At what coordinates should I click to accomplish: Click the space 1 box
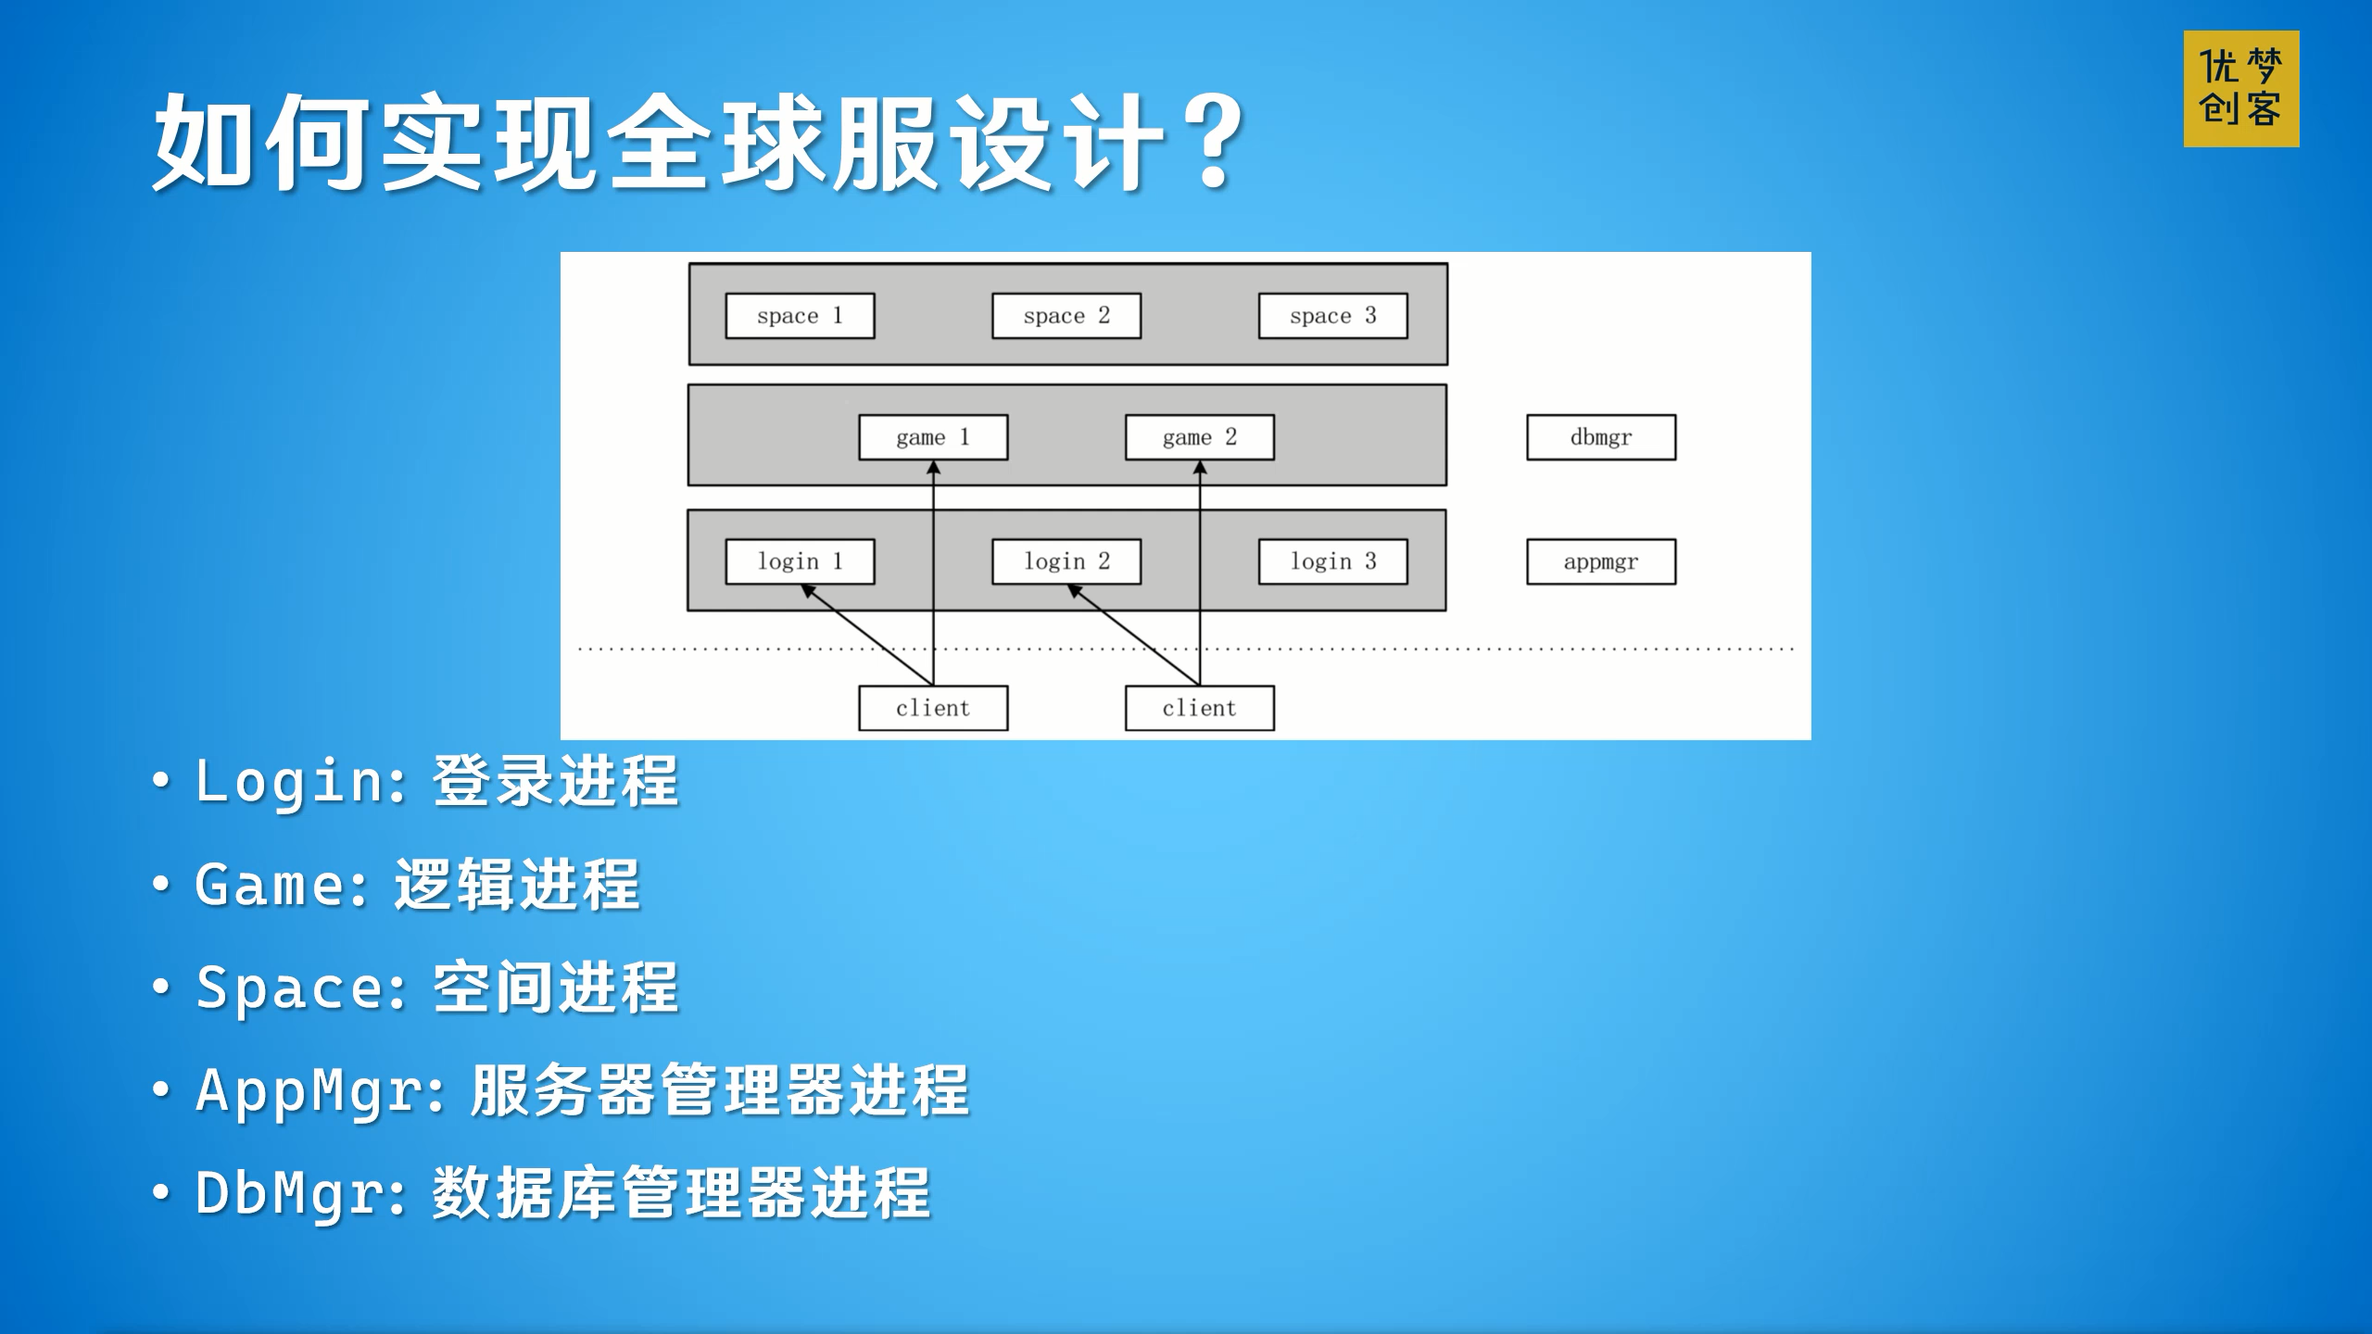800,316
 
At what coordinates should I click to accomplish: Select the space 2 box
1066,316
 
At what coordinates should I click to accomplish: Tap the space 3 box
1332,316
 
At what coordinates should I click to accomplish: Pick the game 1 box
933,437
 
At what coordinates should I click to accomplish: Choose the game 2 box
1199,437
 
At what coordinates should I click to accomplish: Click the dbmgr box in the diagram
1601,437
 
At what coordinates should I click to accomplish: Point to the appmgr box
1601,561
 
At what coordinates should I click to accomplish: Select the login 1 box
800,561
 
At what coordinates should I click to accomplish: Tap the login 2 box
1066,561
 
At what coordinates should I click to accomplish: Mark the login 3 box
1332,561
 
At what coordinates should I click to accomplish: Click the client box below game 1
933,709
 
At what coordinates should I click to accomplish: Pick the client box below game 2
1199,709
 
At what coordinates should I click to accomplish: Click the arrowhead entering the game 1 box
933,468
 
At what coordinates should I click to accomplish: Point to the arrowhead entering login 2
1076,590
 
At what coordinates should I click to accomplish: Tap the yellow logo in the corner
2241,89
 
